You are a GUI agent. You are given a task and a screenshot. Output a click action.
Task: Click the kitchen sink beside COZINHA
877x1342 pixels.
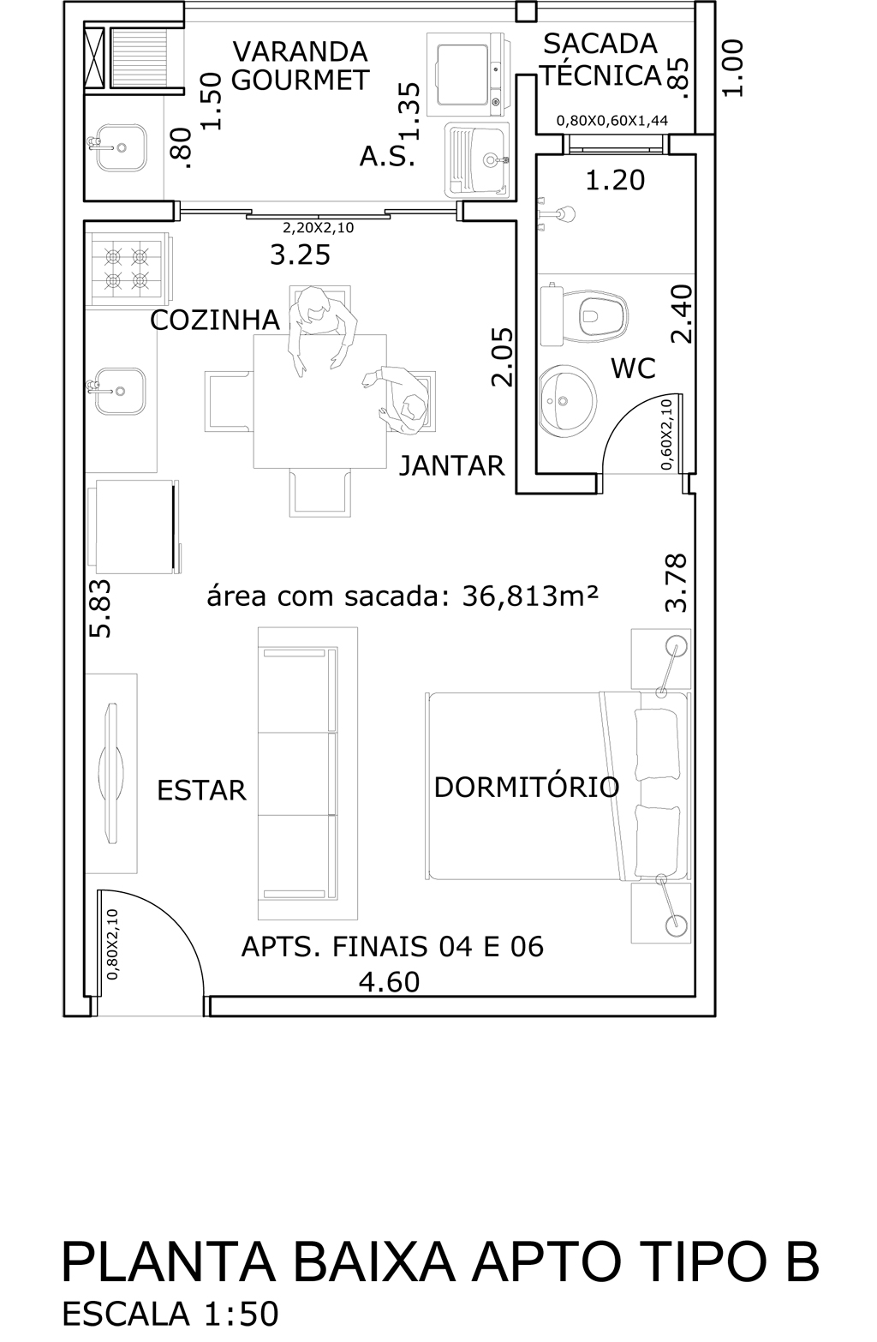(120, 391)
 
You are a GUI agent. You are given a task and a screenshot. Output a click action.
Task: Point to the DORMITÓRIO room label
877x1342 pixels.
(526, 788)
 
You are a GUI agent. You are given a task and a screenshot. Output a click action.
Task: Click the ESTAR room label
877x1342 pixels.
(202, 791)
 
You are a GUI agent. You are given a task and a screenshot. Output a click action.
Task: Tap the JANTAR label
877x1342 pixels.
(452, 465)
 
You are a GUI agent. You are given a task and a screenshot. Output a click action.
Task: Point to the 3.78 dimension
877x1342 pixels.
(676, 583)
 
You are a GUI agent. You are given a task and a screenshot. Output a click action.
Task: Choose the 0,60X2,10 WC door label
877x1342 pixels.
(667, 434)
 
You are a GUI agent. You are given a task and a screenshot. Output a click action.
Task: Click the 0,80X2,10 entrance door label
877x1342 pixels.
(112, 944)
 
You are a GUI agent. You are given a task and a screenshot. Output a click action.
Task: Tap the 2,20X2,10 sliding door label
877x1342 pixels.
(318, 228)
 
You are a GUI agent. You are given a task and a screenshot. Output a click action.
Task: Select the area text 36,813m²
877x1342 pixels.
(530, 596)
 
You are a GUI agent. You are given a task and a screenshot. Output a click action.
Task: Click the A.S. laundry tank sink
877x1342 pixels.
(477, 159)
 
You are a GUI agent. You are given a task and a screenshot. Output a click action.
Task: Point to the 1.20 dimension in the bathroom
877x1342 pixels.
(615, 180)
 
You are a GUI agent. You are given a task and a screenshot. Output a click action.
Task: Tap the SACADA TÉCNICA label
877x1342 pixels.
(601, 60)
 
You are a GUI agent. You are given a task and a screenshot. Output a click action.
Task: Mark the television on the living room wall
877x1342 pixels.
(110, 774)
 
